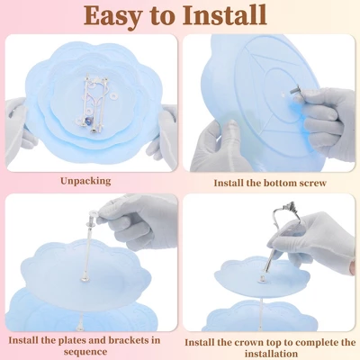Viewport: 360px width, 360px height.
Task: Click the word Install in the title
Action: pos(225,14)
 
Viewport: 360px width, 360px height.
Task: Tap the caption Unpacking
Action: pos(85,181)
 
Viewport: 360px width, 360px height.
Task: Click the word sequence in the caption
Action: pos(85,352)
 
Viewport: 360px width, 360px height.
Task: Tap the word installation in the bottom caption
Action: pos(271,354)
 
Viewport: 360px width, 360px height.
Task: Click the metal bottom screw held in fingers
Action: pos(294,90)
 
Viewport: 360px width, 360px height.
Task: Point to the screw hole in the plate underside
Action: pos(283,94)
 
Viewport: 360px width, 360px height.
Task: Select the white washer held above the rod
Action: pos(93,214)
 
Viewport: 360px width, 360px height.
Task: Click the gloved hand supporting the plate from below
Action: pos(219,147)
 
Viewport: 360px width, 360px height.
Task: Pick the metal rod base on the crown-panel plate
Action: pos(263,280)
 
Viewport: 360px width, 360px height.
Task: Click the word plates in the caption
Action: pos(58,341)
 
